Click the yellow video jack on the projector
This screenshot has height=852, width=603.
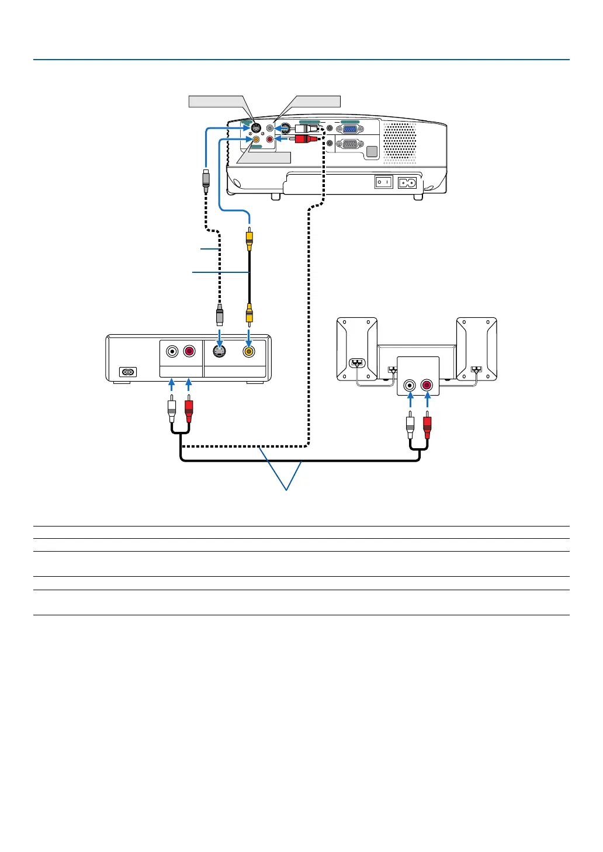click(x=256, y=140)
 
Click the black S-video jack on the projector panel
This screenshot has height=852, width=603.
click(x=255, y=129)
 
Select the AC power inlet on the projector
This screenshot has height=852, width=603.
click(x=407, y=182)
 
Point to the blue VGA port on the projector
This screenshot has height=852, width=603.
click(x=349, y=129)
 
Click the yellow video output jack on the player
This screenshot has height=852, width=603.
click(x=249, y=352)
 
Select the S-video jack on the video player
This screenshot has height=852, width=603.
click(x=219, y=352)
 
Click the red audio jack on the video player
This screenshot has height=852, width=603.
click(x=189, y=352)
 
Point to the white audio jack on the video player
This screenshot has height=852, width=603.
click(x=172, y=352)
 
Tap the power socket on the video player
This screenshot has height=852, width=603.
click(x=127, y=372)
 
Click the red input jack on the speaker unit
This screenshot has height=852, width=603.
click(x=427, y=385)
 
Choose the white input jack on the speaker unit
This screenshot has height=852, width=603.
click(x=410, y=385)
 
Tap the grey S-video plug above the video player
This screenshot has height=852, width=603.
click(x=219, y=315)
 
